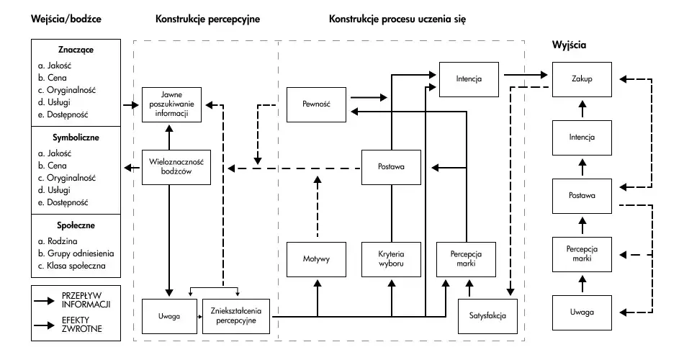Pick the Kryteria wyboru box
tap(390, 259)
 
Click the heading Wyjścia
tap(569, 45)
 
